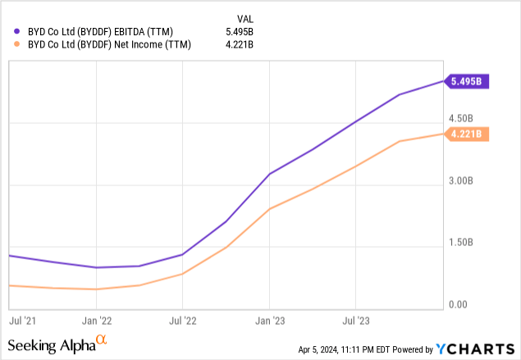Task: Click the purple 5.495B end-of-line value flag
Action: click(466, 81)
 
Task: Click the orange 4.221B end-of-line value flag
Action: click(466, 134)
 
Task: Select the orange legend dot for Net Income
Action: click(18, 45)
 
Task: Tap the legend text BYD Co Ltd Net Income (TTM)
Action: click(109, 45)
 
